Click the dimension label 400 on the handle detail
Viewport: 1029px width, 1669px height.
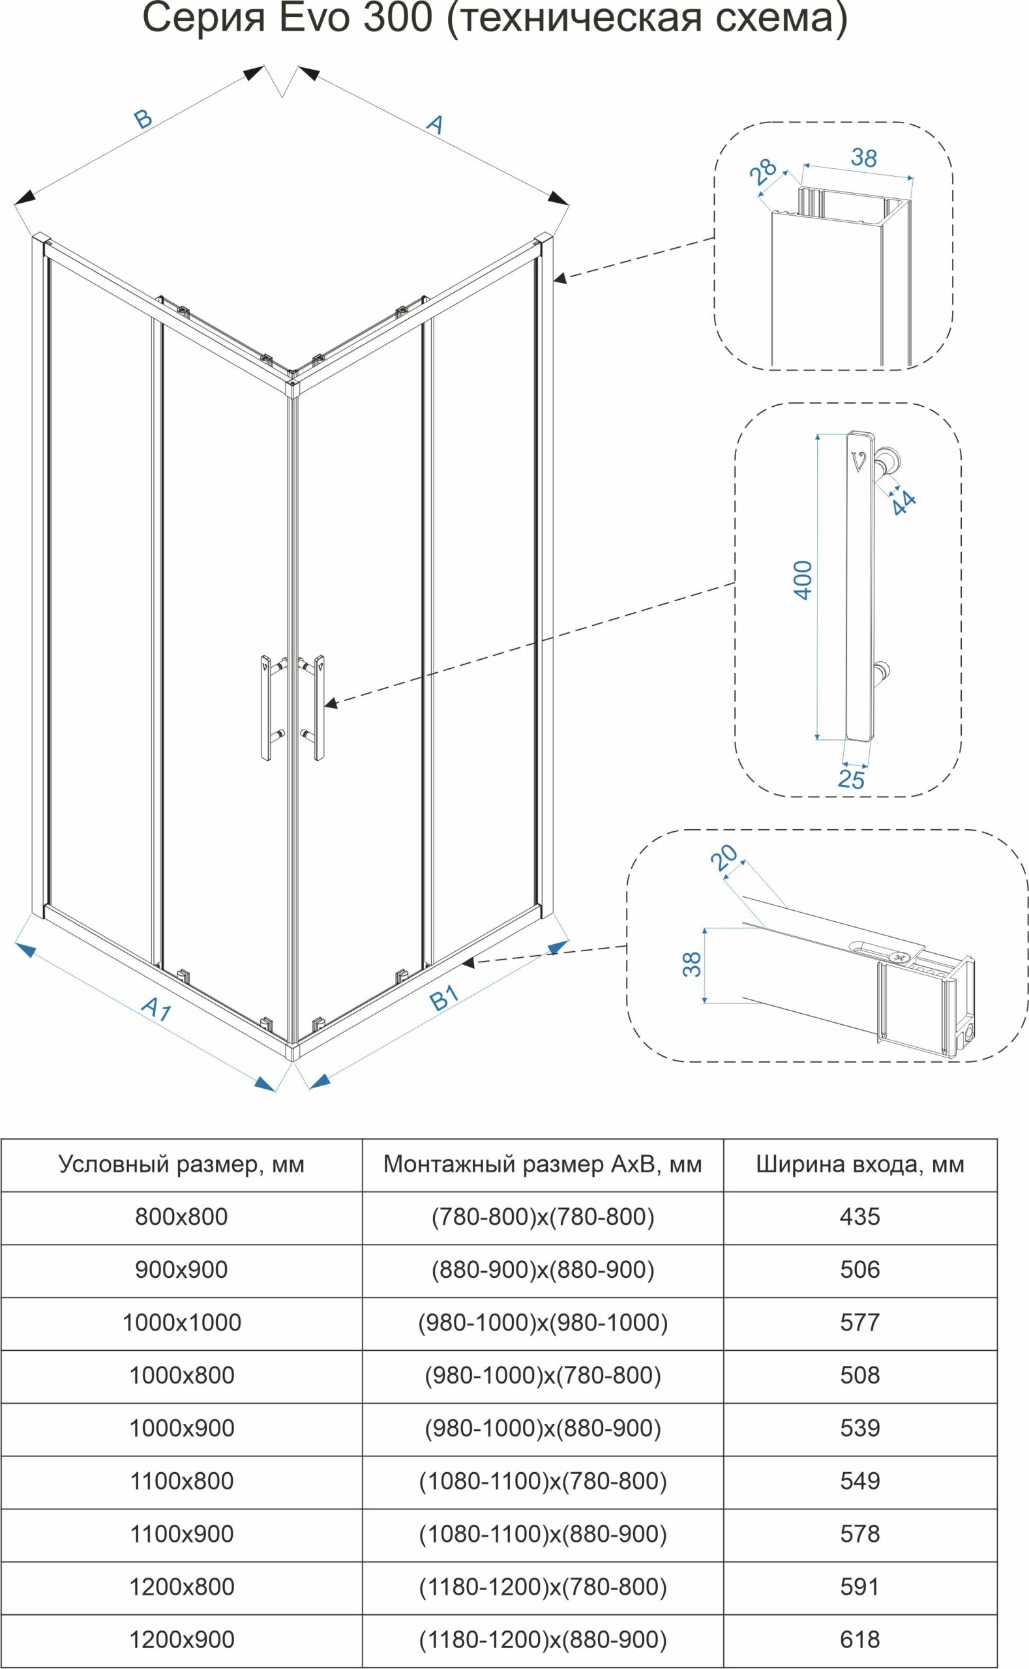(x=804, y=580)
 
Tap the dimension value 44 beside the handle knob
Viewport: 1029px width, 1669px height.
(x=904, y=503)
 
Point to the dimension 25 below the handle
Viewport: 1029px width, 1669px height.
(x=852, y=779)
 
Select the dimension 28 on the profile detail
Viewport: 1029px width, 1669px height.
(x=764, y=172)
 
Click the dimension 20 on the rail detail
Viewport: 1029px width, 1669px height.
(x=724, y=858)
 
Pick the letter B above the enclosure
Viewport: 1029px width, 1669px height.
(x=143, y=119)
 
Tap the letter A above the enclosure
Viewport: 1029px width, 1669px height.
(x=435, y=124)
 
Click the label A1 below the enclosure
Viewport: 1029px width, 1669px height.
(x=157, y=1009)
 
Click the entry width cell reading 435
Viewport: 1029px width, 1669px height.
(x=860, y=1217)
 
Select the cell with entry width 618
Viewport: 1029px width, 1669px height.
(x=860, y=1640)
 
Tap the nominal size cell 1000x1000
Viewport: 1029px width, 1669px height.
(x=182, y=1322)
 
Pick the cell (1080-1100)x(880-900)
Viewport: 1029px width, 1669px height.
(x=543, y=1533)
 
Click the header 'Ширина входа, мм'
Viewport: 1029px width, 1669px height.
(x=860, y=1164)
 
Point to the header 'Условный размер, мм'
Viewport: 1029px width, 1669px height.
(x=182, y=1164)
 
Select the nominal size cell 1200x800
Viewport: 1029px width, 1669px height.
(x=182, y=1587)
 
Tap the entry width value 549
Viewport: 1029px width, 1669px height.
(x=860, y=1481)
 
